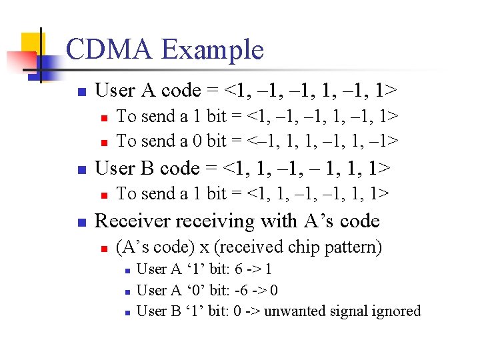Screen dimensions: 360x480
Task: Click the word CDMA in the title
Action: pyautogui.click(x=110, y=50)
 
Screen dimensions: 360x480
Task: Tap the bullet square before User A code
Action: pyautogui.click(x=81, y=91)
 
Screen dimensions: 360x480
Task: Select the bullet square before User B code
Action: pyautogui.click(x=81, y=169)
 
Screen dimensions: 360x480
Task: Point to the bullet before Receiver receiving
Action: pyautogui.click(x=81, y=222)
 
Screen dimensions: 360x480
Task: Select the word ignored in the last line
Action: pyautogui.click(x=397, y=311)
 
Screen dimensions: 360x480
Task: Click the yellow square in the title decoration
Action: pyautogui.click(x=31, y=44)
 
